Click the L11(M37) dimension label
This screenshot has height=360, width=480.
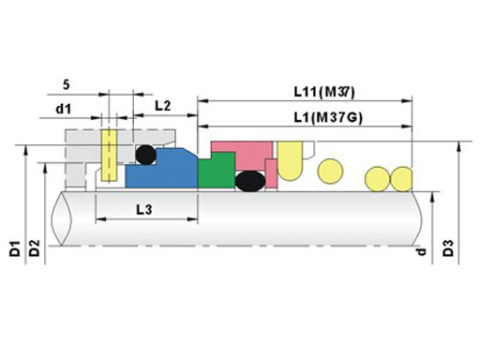[x=324, y=92]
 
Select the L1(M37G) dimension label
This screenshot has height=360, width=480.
[x=328, y=118]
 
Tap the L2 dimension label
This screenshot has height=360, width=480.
[x=163, y=106]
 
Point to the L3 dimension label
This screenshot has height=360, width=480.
[x=144, y=209]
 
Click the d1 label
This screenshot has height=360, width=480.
[x=64, y=109]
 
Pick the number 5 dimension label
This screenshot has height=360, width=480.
[x=67, y=84]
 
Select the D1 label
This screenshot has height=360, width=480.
[x=15, y=248]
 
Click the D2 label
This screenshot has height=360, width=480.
[x=35, y=248]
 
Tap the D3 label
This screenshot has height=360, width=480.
[x=448, y=248]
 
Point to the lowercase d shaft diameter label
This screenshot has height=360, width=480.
[x=422, y=251]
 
